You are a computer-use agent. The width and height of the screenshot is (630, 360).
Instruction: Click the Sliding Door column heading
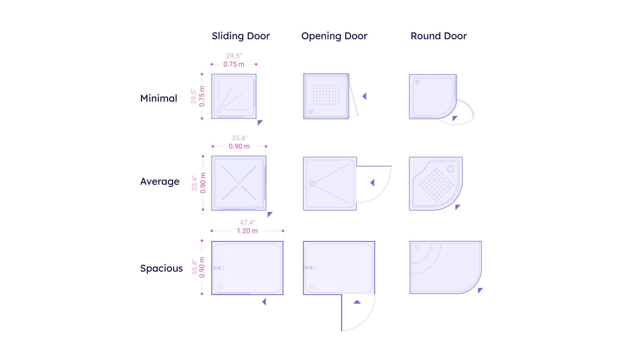point(241,36)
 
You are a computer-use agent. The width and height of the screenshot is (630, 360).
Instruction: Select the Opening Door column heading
point(334,36)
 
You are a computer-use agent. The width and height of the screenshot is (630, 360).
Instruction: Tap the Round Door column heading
point(438,36)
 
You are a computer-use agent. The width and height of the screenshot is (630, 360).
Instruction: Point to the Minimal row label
point(159,98)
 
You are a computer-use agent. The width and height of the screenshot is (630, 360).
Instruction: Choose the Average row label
point(160,181)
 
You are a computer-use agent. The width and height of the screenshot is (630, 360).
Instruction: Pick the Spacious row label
point(161,268)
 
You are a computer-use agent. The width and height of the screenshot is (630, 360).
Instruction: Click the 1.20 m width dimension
point(247,231)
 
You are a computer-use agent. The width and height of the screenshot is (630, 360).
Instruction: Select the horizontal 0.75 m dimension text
point(234,64)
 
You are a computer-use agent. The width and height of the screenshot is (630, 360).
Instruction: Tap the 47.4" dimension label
point(247,222)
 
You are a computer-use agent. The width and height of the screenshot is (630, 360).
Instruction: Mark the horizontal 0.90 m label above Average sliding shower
point(239,146)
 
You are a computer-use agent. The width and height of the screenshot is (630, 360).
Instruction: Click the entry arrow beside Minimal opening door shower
point(365,96)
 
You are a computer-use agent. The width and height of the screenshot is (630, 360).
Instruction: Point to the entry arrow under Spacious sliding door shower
point(264,302)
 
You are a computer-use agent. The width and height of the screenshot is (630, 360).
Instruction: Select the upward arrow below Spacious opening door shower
point(357,302)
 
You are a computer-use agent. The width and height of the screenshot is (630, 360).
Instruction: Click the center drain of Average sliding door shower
point(239,183)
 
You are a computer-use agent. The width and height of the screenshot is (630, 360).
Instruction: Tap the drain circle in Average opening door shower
point(312,184)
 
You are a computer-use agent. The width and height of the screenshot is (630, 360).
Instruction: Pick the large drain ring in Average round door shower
point(450,169)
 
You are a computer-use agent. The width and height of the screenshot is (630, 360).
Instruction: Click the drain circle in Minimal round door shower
point(417,82)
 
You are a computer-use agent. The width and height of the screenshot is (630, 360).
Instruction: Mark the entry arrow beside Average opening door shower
point(373,182)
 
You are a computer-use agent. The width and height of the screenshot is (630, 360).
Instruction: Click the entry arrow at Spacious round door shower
point(480,290)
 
